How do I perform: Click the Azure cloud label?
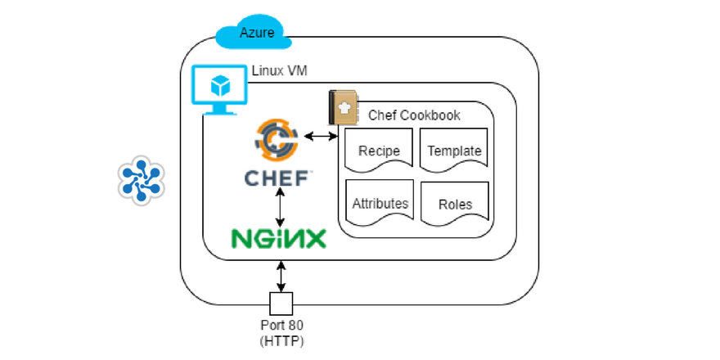256,33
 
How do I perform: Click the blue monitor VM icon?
218,92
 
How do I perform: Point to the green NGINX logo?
278,237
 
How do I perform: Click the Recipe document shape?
379,151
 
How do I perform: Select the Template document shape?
454,151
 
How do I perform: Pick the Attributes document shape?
380,203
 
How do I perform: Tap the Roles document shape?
454,205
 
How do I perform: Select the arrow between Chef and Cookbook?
322,135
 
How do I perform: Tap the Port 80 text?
281,326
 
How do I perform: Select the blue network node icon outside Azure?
141,180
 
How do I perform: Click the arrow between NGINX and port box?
281,275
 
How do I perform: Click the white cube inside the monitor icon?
218,85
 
